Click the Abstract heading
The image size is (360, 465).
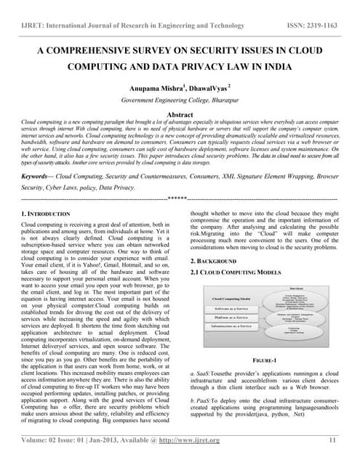pos(180,115)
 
